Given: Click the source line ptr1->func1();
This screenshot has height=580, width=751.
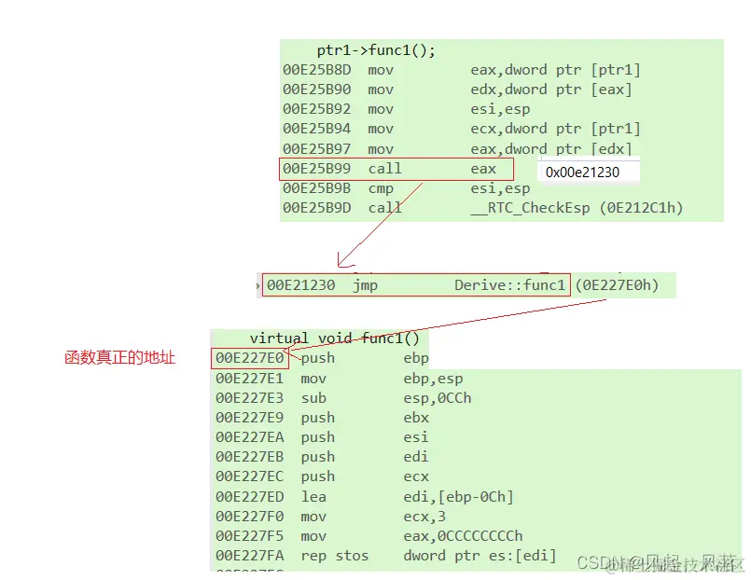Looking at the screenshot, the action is click(x=376, y=50).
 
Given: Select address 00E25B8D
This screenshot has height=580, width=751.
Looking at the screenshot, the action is click(x=317, y=70).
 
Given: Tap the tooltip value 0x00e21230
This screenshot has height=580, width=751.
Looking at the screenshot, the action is click(x=582, y=172).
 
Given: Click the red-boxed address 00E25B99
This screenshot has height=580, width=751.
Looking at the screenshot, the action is click(x=317, y=169).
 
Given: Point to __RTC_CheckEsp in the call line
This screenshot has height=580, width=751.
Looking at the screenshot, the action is click(x=530, y=208).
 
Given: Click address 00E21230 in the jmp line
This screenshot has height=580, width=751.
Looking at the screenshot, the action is click(x=300, y=285).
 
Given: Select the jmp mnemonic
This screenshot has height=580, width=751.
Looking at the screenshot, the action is click(x=366, y=285).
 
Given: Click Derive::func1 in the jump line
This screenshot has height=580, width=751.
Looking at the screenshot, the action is click(x=510, y=285).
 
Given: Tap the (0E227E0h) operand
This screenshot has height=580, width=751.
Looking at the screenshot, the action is click(x=617, y=285).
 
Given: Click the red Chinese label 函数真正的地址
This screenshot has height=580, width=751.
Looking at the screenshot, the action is click(x=120, y=358).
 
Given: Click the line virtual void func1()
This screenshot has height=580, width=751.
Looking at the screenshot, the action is click(x=334, y=338).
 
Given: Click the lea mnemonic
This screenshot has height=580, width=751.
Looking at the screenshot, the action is click(x=313, y=497).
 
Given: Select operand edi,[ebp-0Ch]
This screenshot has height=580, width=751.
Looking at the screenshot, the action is click(x=458, y=497).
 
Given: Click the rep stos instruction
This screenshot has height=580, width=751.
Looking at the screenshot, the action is click(x=334, y=556).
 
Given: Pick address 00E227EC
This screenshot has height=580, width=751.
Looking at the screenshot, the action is click(x=248, y=476).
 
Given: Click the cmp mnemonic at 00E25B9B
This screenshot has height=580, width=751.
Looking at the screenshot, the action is click(x=381, y=187).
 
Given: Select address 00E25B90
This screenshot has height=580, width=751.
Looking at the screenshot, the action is click(x=317, y=90).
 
